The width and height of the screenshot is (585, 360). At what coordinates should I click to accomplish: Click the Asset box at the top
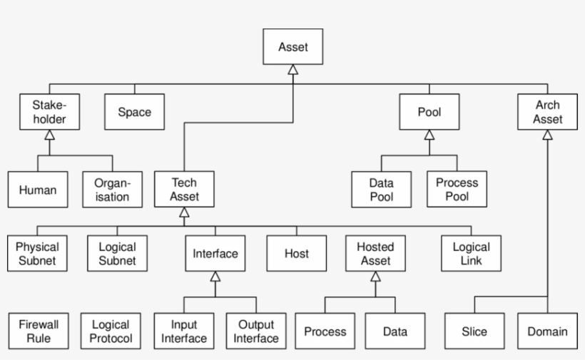292,46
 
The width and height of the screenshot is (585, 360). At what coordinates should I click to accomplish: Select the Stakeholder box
49,111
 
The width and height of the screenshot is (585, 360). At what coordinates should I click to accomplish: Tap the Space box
134,111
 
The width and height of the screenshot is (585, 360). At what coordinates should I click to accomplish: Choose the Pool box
429,111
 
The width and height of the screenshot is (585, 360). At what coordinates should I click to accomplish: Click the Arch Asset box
547,111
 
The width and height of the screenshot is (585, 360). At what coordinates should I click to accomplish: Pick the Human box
38,190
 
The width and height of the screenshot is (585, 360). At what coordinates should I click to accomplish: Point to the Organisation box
112,190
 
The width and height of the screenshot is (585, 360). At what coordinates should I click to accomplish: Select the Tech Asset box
184,190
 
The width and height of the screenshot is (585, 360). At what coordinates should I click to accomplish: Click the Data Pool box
381,190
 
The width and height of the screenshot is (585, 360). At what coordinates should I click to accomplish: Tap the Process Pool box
457,190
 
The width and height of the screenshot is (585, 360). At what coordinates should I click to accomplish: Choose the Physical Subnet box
38,253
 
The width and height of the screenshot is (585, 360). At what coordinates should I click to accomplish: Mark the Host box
296,253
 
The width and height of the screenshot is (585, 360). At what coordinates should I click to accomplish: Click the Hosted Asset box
375,253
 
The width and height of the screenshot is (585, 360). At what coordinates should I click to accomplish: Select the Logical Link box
471,253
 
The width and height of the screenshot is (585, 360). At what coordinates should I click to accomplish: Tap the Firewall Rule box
38,331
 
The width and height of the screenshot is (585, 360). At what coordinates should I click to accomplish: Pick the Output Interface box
255,331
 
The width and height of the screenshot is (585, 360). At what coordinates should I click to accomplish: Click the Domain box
547,331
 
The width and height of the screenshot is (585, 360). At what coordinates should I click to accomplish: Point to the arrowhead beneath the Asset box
292,70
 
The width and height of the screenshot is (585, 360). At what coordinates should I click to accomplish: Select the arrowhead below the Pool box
429,134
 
